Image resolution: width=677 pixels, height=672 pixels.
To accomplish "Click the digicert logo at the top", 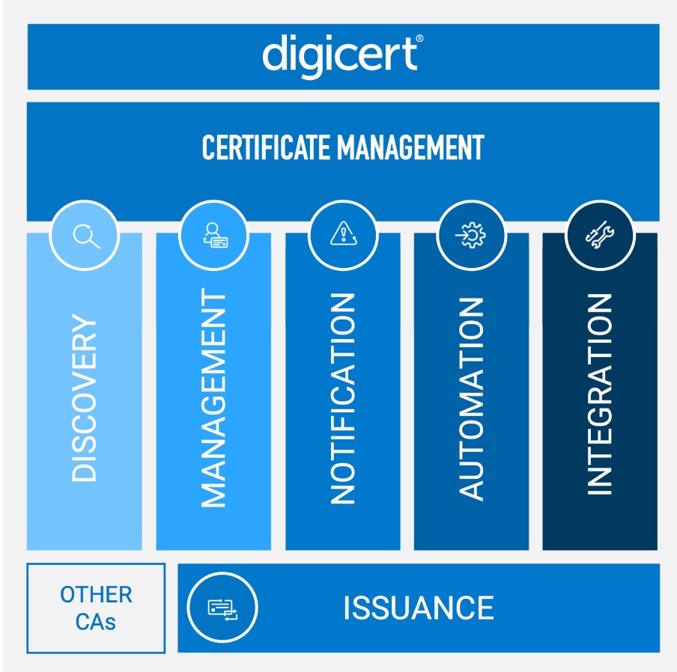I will (341, 55).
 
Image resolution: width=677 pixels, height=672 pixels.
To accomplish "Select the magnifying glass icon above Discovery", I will (85, 236).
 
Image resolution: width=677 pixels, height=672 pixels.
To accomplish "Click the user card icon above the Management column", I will (214, 236).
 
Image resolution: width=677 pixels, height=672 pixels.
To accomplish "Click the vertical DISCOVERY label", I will (85, 400).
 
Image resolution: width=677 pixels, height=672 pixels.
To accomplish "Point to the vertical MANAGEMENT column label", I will (214, 400).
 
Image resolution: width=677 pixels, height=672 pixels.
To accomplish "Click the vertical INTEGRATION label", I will (600, 394).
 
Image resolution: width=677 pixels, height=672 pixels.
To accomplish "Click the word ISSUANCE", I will (419, 608).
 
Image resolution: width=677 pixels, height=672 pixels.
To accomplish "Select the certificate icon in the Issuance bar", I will (222, 608).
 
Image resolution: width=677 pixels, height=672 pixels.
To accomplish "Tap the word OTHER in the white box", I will (96, 595).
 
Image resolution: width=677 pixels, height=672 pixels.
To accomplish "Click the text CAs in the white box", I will (96, 621).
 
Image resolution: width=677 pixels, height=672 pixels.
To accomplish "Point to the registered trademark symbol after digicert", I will (419, 38).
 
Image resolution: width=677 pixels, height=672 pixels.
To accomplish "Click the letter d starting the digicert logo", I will (273, 55).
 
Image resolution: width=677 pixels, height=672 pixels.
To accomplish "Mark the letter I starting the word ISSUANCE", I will (347, 608).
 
